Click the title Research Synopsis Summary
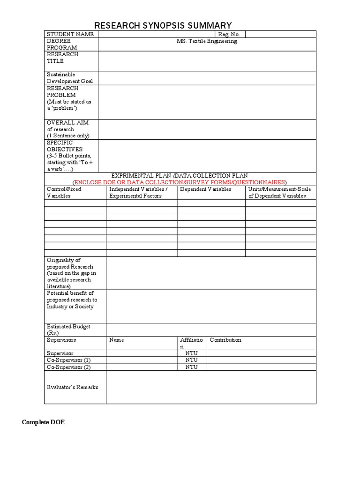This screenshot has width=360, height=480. pos(163,25)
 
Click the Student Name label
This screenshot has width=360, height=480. pos(70,34)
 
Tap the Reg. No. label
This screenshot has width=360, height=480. pos(229,34)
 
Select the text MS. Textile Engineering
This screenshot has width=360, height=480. pos(207,41)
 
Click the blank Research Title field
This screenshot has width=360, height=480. pos(207,61)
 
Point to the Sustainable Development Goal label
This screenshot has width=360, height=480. pos(70,78)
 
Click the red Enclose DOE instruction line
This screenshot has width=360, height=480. pos(180,182)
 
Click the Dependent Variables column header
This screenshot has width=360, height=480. pos(205,189)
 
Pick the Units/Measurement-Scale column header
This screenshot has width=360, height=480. pos(279,192)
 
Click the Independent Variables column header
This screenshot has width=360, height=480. pos(138,192)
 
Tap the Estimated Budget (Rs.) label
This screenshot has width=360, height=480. pos(68,330)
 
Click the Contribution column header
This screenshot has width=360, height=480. pos(225,340)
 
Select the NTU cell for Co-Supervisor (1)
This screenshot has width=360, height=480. pos(191,360)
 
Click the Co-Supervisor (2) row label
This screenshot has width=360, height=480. pos(68,367)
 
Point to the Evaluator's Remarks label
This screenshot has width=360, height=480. pos(73,387)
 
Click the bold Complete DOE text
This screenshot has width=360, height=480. pos(44,422)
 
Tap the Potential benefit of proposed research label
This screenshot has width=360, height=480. pos(72,300)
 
